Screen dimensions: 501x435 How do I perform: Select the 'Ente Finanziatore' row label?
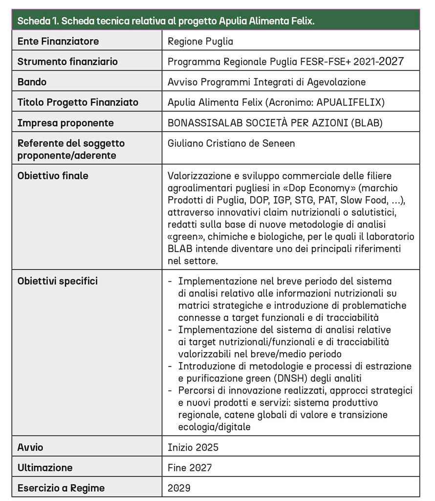pyautogui.click(x=58, y=42)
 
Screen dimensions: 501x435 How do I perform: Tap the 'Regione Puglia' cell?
pyautogui.click(x=200, y=42)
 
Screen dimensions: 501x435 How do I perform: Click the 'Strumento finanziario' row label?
pyautogui.click(x=67, y=62)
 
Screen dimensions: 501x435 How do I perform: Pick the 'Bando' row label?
pyautogui.click(x=32, y=82)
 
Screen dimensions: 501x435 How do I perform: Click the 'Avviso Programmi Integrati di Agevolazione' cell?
pyautogui.click(x=266, y=82)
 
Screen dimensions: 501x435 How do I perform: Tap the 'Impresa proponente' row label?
pyautogui.click(x=65, y=123)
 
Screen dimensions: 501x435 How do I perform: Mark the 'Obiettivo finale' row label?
pyautogui.click(x=53, y=176)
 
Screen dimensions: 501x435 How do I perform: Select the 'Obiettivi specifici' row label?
pyautogui.click(x=58, y=281)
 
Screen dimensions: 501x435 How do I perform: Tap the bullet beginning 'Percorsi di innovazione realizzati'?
pyautogui.click(x=295, y=390)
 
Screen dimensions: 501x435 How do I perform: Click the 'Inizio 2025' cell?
pyautogui.click(x=193, y=448)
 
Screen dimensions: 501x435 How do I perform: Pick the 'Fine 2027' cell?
pyautogui.click(x=190, y=468)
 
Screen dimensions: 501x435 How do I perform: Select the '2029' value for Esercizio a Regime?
pyautogui.click(x=179, y=488)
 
